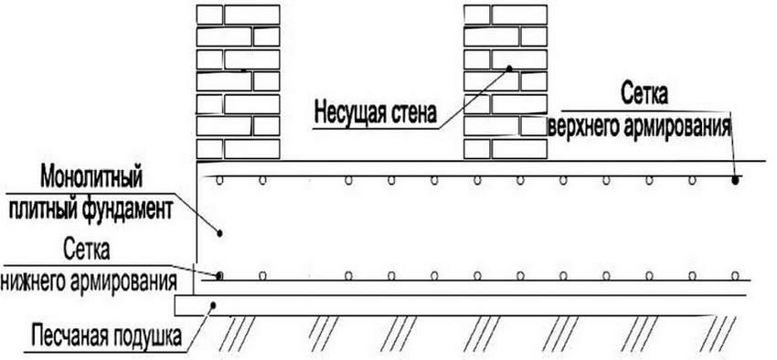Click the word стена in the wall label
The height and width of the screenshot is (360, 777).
411,115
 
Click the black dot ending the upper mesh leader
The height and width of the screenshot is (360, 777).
736,180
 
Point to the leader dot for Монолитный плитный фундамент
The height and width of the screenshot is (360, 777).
219,233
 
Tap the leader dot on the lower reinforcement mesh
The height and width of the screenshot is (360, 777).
219,275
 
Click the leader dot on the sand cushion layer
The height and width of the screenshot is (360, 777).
213,305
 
